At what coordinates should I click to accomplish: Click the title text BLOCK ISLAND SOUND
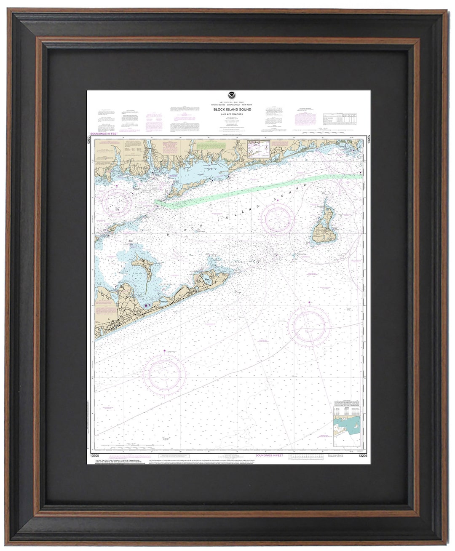click(x=232, y=110)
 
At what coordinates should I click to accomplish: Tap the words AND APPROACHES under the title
click(x=232, y=114)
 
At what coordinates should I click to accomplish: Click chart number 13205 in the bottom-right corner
click(x=363, y=455)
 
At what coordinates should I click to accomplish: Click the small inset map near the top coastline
click(x=258, y=149)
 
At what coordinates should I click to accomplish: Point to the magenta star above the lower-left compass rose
click(x=164, y=350)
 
